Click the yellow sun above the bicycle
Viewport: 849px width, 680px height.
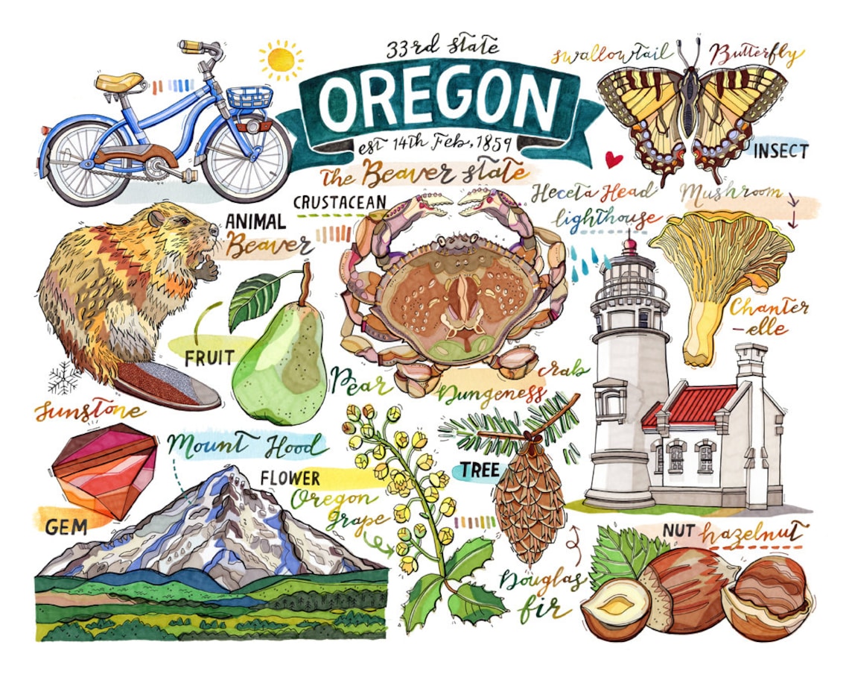pyautogui.click(x=281, y=60)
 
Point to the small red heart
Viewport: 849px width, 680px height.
pyautogui.click(x=612, y=159)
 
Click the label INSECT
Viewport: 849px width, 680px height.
pyautogui.click(x=780, y=151)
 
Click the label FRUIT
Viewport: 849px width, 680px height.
pyautogui.click(x=209, y=358)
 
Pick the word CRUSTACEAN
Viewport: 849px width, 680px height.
pyautogui.click(x=340, y=202)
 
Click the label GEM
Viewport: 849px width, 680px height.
pyautogui.click(x=66, y=527)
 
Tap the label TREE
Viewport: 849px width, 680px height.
pyautogui.click(x=480, y=470)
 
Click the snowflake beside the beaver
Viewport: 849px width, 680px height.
pyautogui.click(x=64, y=378)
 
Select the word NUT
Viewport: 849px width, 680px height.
pyautogui.click(x=678, y=532)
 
